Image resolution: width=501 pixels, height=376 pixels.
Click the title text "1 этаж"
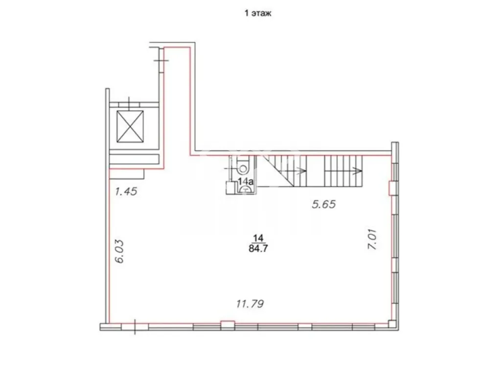258,13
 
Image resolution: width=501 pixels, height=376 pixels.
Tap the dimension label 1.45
126,191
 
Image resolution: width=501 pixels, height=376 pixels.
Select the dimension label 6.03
119,251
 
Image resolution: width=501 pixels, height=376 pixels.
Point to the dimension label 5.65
324,204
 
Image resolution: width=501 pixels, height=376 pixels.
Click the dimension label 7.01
372,239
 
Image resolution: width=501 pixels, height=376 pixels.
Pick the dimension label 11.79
250,304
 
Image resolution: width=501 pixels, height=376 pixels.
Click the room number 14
258,238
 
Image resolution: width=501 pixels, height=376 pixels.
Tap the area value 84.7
258,248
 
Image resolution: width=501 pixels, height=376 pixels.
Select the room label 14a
246,182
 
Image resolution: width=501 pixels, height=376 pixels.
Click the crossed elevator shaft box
130,127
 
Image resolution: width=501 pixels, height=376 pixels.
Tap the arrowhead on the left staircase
301,171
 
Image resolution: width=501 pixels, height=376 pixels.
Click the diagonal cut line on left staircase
280,171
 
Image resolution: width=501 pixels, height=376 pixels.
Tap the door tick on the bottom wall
135,327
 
